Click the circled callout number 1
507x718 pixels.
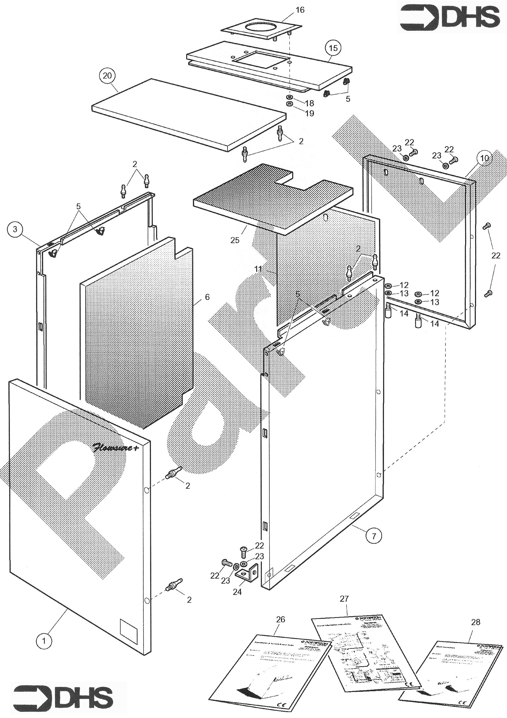pos(44,641)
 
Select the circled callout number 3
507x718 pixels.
pos(15,229)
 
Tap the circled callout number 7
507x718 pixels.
pos(374,536)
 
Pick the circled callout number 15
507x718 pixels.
pos(333,48)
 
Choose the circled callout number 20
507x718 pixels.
pos(107,76)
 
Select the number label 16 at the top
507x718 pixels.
pos(300,10)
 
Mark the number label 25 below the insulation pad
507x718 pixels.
pos(235,240)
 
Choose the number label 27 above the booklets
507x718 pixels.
pos(344,599)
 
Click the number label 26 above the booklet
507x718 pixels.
pos(281,619)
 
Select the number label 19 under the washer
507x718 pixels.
pos(309,113)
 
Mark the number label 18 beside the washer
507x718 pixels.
pos(309,103)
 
